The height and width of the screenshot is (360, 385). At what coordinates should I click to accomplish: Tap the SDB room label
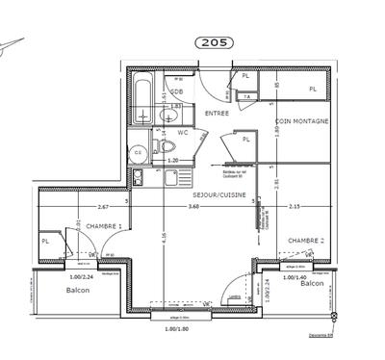pyautogui.click(x=177, y=91)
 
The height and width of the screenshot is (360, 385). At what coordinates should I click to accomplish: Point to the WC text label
pyautogui.click(x=182, y=132)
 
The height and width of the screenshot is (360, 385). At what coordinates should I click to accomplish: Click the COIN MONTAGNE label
pyautogui.click(x=302, y=121)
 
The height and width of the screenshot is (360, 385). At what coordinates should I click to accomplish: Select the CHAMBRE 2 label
pyautogui.click(x=305, y=240)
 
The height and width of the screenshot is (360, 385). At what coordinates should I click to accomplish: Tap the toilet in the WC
pyautogui.click(x=167, y=147)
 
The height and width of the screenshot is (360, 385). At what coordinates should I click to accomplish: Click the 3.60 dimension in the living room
pyautogui.click(x=193, y=206)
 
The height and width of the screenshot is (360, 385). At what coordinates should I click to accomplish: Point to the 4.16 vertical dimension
pyautogui.click(x=166, y=235)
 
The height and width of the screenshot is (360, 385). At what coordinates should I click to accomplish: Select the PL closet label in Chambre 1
pyautogui.click(x=44, y=241)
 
